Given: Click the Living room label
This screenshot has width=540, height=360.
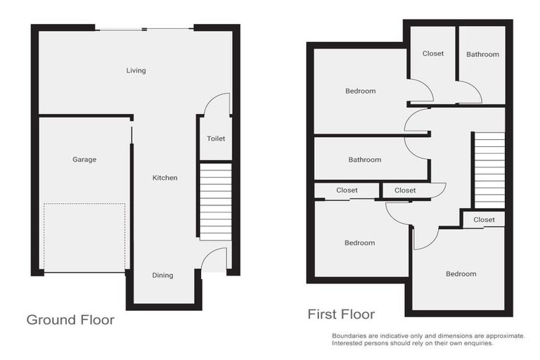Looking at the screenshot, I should tap(136, 70).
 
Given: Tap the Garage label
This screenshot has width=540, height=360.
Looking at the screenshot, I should tap(84, 160).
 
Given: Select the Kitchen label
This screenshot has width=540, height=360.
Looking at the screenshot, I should tap(165, 178).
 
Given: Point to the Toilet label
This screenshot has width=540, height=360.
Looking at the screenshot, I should tap(216, 139).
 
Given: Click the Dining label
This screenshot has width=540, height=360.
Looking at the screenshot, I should tap(162, 275).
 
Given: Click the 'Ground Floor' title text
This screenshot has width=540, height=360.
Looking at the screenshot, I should tap(70, 320).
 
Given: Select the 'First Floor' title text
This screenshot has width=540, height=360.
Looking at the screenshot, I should tap(341, 314).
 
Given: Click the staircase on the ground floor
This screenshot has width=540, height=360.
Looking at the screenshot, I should tap(215, 201).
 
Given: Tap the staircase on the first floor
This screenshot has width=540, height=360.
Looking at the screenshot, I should tap(489, 169).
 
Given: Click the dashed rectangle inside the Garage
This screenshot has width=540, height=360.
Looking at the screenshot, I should tap(84, 238).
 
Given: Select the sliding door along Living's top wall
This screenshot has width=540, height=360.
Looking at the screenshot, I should tap(144, 29).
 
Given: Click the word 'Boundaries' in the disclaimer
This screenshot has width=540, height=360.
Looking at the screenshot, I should tap(350, 336).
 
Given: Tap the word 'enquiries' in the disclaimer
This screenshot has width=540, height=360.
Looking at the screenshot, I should tap(477, 343).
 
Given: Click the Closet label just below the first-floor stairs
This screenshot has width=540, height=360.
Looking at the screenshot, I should tap(484, 219).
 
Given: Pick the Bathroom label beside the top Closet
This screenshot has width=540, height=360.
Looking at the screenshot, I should tap(482, 54).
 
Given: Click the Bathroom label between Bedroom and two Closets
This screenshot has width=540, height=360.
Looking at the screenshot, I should tap(365, 160).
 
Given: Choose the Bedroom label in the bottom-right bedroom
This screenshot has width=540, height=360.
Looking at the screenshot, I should tap(461, 274).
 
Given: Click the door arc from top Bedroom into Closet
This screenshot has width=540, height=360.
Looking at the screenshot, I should tap(423, 89).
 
